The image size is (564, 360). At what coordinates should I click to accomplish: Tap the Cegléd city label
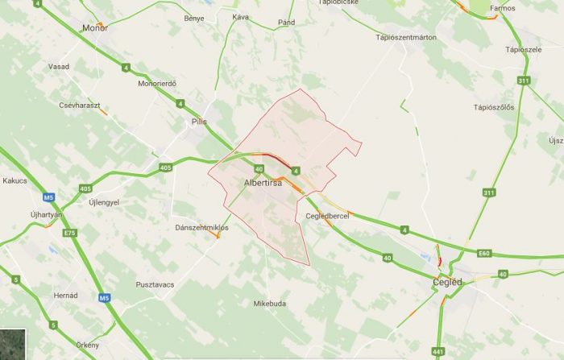(447, 282)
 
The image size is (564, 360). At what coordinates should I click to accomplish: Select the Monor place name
(95, 28)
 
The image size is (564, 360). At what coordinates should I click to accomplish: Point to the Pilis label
(199, 122)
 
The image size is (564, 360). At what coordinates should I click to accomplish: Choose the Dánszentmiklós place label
(202, 228)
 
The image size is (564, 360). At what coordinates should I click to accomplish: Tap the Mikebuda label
(270, 304)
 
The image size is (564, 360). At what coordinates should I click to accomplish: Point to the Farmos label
(502, 9)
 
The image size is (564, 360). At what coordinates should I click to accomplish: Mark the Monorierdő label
(157, 84)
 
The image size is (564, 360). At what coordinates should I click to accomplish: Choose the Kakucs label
(15, 180)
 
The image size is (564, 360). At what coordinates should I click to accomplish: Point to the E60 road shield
(483, 254)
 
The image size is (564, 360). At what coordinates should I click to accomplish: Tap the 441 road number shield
(438, 352)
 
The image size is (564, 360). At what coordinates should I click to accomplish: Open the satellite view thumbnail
(13, 344)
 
